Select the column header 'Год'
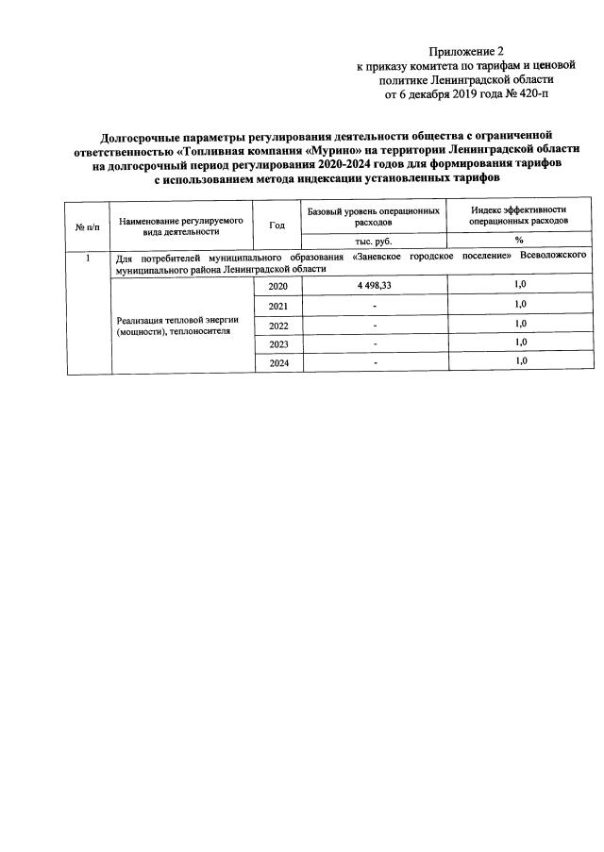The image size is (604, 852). pos(277,225)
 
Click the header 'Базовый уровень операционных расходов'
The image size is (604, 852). pos(374,217)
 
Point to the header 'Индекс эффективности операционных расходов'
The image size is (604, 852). pos(518,217)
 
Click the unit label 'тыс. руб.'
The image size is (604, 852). pos(374,241)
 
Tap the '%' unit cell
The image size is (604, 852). pos(519,241)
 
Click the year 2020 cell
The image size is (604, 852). pos(277,286)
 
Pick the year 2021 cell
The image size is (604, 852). pos(277,306)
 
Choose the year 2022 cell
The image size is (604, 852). pos(277,326)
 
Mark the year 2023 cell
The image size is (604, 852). pos(277,344)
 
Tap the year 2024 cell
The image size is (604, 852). pos(277,363)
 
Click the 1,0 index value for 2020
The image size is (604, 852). pos(519,284)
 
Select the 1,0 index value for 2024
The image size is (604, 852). pos(519,361)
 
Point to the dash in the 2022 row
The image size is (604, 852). pos(375,326)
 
